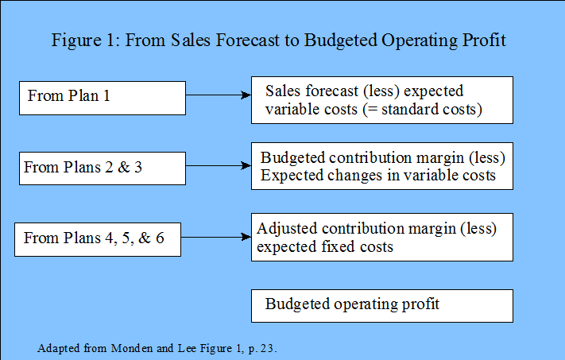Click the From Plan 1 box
pyautogui.click(x=103, y=98)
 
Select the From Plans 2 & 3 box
pyautogui.click(x=103, y=168)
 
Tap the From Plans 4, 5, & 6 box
pyautogui.click(x=98, y=239)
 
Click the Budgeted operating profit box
pyautogui.click(x=382, y=306)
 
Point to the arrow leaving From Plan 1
pyautogui.click(x=219, y=95)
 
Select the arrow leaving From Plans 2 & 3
pyautogui.click(x=219, y=166)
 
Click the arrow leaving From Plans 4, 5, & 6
pyautogui.click(x=216, y=237)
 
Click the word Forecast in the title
pyautogui.click(x=248, y=40)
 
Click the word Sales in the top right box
pyautogui.click(x=283, y=91)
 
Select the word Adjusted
pyautogui.click(x=287, y=229)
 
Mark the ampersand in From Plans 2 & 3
pyautogui.click(x=124, y=167)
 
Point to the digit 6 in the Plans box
pyautogui.click(x=160, y=238)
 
